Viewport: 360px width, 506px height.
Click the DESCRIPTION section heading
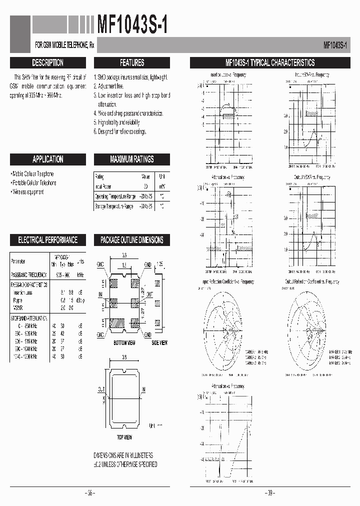(x=47, y=63)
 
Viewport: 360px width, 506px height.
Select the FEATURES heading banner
(x=132, y=63)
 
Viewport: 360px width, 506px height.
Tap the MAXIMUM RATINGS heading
(x=132, y=159)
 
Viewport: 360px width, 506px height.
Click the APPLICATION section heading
(x=47, y=159)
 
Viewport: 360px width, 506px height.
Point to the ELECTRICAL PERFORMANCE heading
(x=47, y=240)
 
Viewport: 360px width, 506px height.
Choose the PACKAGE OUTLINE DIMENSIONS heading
(x=132, y=240)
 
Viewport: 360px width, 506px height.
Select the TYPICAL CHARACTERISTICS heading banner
(x=269, y=63)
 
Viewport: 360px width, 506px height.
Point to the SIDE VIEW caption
(x=159, y=342)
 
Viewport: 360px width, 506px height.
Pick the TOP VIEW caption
(x=124, y=437)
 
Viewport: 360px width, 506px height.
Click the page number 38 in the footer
(x=90, y=493)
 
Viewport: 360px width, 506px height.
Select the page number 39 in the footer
(x=269, y=493)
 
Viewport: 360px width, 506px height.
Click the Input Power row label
(x=103, y=186)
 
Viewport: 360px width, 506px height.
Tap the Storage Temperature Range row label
(x=114, y=206)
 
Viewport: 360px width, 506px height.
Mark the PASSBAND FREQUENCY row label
(x=28, y=275)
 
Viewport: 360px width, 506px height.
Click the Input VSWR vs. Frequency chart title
(x=312, y=75)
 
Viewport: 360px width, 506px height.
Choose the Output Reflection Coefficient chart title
(x=312, y=282)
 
